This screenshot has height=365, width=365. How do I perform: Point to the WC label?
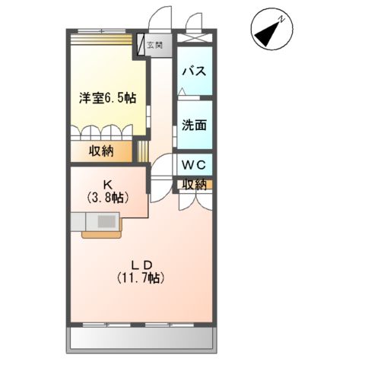click(x=194, y=163)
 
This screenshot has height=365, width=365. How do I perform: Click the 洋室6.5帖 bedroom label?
click(x=108, y=97)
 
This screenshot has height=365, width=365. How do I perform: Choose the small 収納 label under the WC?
click(x=194, y=183)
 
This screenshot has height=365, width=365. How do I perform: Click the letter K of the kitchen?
click(x=108, y=183)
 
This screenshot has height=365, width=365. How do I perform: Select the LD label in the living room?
click(x=141, y=264)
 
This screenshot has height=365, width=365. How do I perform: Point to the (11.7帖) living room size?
click(x=141, y=278)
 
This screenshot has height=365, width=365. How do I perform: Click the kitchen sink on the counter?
click(x=105, y=221)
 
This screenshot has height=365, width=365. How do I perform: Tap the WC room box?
click(x=195, y=164)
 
